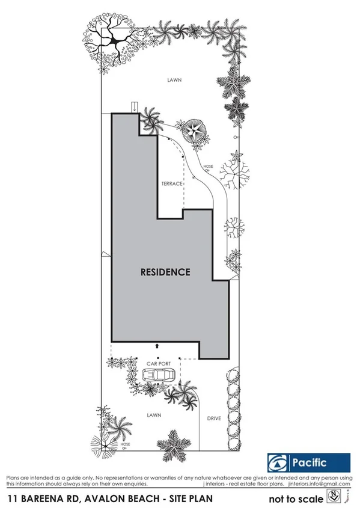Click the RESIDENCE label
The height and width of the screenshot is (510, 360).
165,272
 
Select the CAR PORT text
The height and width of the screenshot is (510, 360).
159,364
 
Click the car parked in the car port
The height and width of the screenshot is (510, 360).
159,375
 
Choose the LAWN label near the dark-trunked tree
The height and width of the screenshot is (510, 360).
174,80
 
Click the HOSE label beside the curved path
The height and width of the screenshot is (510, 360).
208,167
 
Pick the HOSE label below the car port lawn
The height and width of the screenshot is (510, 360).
124,444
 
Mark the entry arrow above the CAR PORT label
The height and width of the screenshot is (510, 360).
157,346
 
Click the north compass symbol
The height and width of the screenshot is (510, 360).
334,497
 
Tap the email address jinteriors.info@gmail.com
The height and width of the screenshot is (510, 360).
322,484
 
